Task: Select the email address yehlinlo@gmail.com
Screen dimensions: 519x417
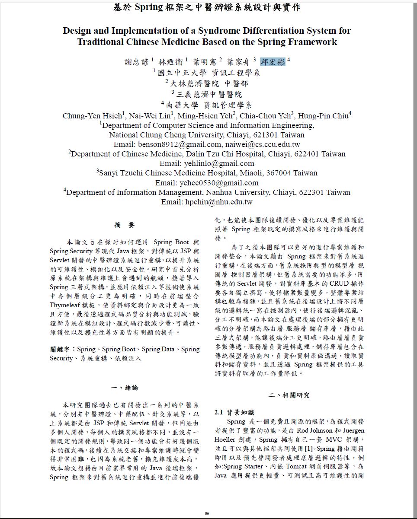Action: [x=207, y=163]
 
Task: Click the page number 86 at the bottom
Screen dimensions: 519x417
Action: [x=207, y=513]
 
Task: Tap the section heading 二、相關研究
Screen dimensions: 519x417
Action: [x=289, y=395]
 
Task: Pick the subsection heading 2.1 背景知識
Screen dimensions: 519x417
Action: [x=234, y=412]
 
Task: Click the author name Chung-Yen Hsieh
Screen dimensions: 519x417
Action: [x=92, y=116]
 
